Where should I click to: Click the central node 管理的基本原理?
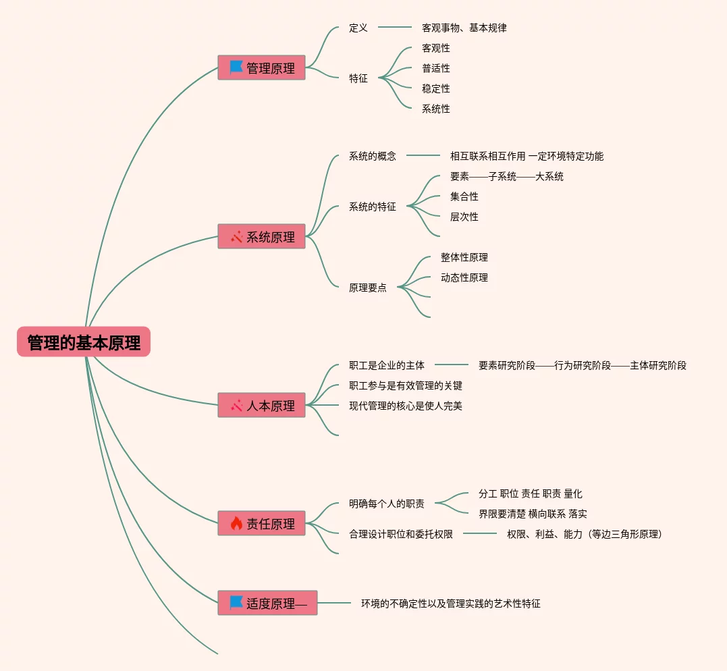(84, 342)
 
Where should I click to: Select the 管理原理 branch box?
(261, 68)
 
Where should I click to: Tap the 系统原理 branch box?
(261, 236)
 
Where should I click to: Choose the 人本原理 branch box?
(261, 405)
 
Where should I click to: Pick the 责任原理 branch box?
(261, 523)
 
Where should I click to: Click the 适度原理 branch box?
(267, 603)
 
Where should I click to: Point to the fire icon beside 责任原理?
(236, 523)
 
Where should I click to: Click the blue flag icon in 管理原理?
(236, 68)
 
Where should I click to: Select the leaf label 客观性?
(435, 48)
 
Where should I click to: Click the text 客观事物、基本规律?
(464, 28)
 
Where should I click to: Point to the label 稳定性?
(435, 88)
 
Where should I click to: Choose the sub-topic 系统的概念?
(372, 156)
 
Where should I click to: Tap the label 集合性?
(464, 196)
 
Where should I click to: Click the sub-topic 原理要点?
(367, 288)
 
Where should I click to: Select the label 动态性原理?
(464, 277)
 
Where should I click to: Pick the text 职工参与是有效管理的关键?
(405, 385)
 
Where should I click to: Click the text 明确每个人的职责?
(386, 504)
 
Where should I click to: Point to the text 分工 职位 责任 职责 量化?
(530, 493)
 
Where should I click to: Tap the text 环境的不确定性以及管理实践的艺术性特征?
(450, 603)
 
